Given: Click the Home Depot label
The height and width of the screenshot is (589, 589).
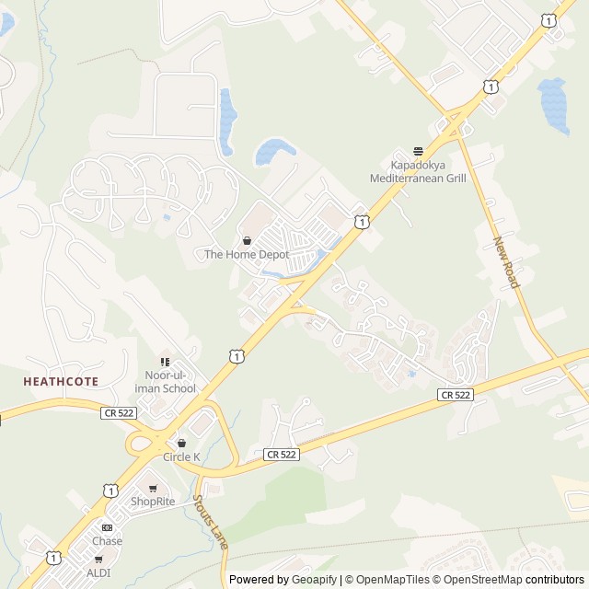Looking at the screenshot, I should pyautogui.click(x=247, y=255).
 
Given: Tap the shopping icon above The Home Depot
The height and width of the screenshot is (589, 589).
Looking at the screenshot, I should pyautogui.click(x=247, y=241).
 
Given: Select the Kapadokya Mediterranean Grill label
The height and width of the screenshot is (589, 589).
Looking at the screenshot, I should pyautogui.click(x=418, y=172).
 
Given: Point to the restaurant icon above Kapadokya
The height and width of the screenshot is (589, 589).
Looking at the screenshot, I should pyautogui.click(x=418, y=151).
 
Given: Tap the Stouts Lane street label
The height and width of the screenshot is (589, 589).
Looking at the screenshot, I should pyautogui.click(x=210, y=523).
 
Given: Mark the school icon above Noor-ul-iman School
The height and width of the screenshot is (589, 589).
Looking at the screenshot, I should pyautogui.click(x=166, y=362).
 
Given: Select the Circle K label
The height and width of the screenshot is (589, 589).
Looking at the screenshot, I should pyautogui.click(x=181, y=457).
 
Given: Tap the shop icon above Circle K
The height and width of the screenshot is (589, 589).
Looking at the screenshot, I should pyautogui.click(x=181, y=444).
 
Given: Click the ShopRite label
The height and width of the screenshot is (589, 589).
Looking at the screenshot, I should pyautogui.click(x=153, y=502).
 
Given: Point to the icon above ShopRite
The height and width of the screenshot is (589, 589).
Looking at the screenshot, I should pyautogui.click(x=153, y=488).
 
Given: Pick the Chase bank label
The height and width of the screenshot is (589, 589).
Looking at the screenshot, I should pyautogui.click(x=107, y=541).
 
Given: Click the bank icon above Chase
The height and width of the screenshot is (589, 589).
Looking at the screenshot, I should pyautogui.click(x=107, y=527).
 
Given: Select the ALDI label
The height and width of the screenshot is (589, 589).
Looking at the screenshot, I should pyautogui.click(x=98, y=572).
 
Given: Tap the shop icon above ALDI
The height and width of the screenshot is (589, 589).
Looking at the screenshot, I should pyautogui.click(x=98, y=559).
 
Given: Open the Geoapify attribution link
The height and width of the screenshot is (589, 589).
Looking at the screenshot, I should pyautogui.click(x=314, y=580).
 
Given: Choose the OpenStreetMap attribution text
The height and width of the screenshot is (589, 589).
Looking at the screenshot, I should pyautogui.click(x=479, y=580).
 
